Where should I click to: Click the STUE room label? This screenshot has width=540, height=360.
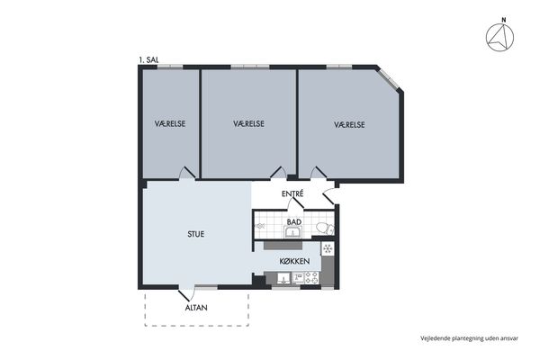[196, 234]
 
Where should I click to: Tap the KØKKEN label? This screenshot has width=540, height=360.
[294, 262]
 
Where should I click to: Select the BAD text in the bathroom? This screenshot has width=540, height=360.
[294, 222]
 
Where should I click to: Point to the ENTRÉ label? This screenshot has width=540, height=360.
[292, 194]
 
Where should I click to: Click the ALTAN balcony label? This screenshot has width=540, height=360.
[196, 308]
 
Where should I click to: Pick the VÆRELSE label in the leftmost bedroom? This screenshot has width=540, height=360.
[170, 123]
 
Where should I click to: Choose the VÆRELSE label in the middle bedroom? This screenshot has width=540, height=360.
[248, 123]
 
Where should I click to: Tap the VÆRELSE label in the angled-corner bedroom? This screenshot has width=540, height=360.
[349, 125]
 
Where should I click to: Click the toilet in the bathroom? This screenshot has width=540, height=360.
[325, 228]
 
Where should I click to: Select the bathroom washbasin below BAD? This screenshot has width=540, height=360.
[293, 232]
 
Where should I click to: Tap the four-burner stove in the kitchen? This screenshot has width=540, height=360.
[311, 278]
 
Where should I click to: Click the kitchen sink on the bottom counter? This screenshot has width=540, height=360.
[284, 278]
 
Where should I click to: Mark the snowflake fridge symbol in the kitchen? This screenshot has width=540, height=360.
[328, 248]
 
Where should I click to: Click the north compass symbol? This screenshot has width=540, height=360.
[499, 38]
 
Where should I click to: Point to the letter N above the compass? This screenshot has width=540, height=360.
[504, 21]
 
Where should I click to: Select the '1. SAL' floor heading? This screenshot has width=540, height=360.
[148, 60]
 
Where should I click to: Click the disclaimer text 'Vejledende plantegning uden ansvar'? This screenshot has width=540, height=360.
[469, 338]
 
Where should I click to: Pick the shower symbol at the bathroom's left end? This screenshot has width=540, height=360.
[259, 226]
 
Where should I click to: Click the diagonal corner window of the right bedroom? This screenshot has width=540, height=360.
[389, 78]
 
